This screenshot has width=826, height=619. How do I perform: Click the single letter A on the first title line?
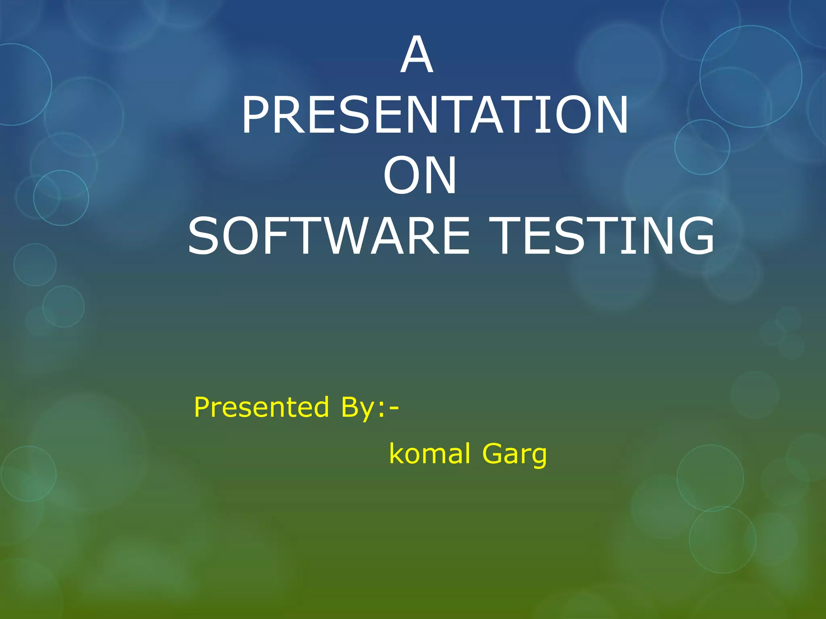tap(417, 55)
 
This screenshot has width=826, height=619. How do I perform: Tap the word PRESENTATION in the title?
tap(435, 116)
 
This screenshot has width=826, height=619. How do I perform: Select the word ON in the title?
tap(420, 176)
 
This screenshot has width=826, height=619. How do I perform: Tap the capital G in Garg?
tap(493, 454)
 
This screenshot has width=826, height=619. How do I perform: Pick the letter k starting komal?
tap(396, 454)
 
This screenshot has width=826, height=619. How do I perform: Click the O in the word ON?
tap(400, 176)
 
